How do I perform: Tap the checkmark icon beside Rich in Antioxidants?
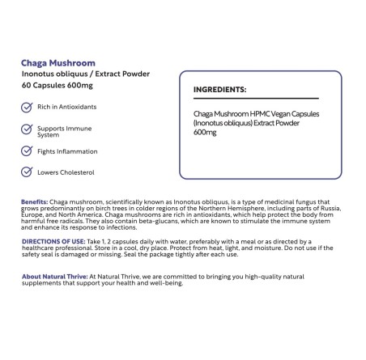(26, 106)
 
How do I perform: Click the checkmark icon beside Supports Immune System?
(26, 129)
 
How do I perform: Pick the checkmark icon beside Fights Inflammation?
(26, 151)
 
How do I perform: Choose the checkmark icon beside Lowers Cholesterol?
(26, 172)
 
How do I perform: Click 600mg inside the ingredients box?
(206, 133)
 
